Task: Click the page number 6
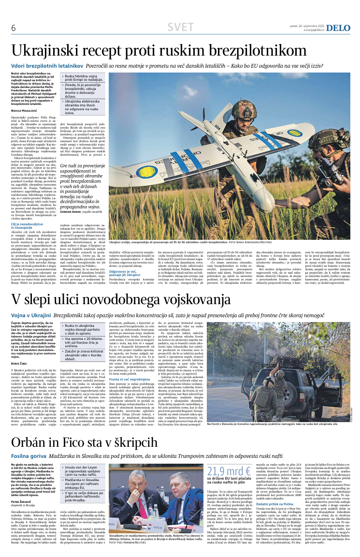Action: (14, 28)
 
